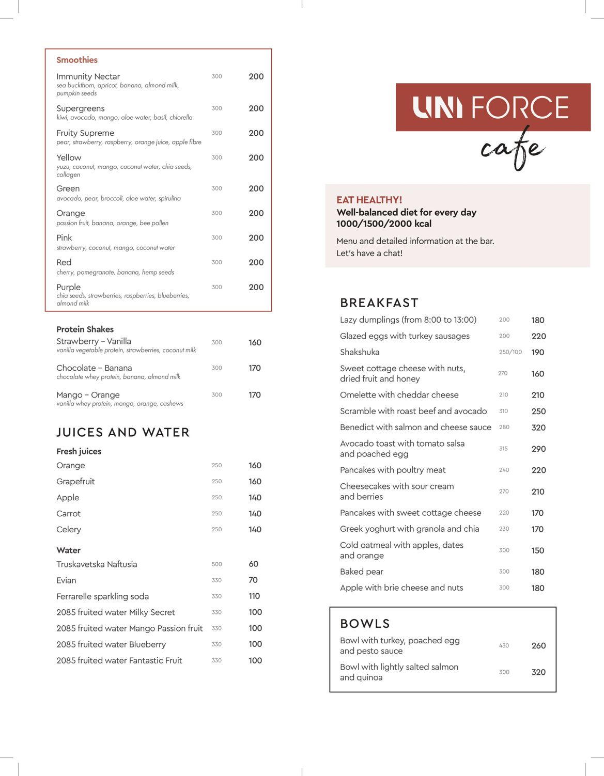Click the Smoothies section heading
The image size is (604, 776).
[77, 60]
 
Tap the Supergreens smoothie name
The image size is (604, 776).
[81, 108]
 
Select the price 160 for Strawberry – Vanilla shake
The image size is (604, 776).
[255, 342]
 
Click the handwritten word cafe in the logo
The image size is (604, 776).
[512, 149]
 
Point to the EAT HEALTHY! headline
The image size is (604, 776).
[369, 200]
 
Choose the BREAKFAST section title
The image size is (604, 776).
[379, 303]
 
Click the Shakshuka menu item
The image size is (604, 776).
[360, 352]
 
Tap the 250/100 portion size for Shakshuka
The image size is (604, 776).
[510, 352]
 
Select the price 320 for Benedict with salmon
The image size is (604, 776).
[538, 427]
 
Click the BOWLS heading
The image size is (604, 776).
[365, 624]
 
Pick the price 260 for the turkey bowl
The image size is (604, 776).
[538, 645]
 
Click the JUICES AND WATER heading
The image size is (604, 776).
[123, 432]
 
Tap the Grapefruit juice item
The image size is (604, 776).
[75, 481]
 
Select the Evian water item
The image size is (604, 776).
[66, 580]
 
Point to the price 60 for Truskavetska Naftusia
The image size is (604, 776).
[253, 564]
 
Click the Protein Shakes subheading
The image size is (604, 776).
[85, 329]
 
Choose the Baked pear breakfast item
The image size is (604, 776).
[361, 572]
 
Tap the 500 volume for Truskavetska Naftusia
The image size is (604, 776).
[216, 564]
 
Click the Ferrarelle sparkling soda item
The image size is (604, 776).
[102, 596]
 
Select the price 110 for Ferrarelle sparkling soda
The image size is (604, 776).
[254, 596]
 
